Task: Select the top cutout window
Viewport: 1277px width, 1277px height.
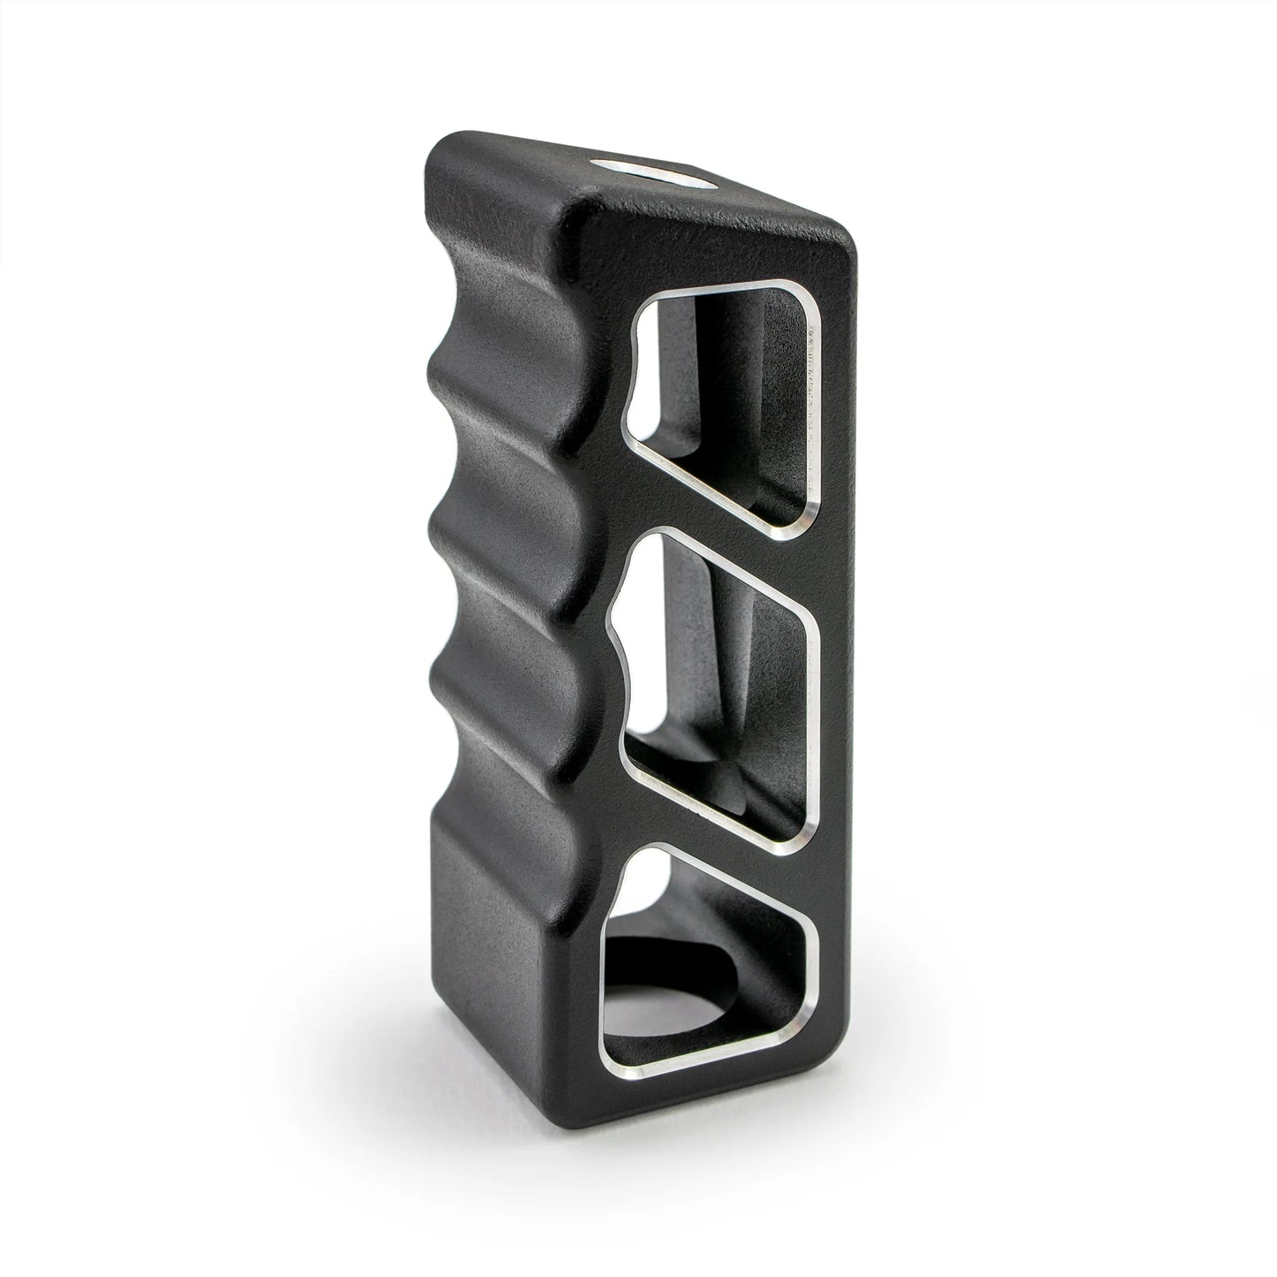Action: tap(725, 398)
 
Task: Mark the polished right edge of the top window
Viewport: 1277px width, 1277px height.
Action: tap(813, 407)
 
